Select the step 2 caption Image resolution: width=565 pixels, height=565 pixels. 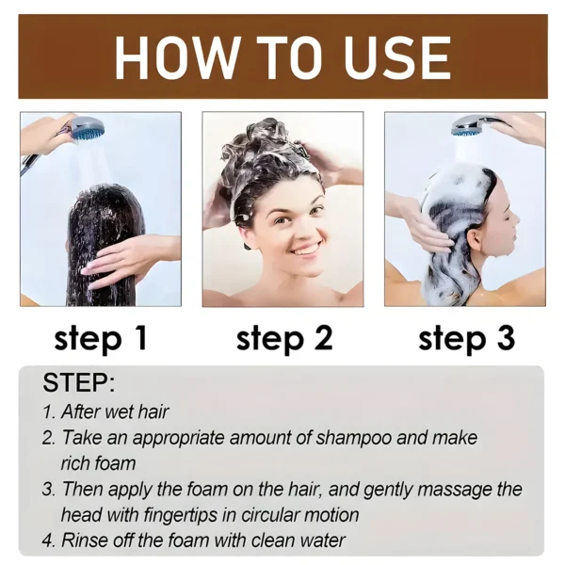[x=284, y=338]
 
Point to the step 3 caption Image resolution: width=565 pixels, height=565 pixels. [x=466, y=338]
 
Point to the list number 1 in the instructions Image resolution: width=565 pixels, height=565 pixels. [x=48, y=412]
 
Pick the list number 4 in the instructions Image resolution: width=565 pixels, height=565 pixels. [x=48, y=541]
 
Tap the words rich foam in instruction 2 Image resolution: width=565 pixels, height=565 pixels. [x=99, y=463]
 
